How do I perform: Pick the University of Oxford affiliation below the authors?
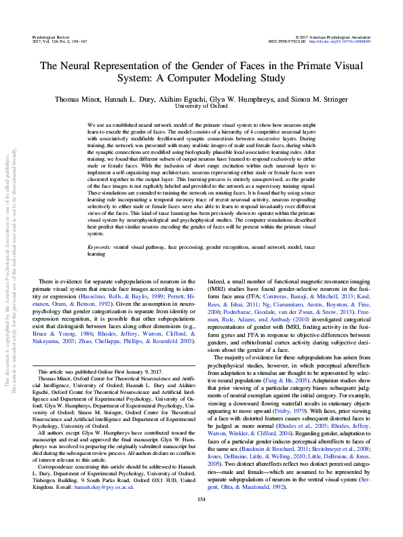(201, 106)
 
